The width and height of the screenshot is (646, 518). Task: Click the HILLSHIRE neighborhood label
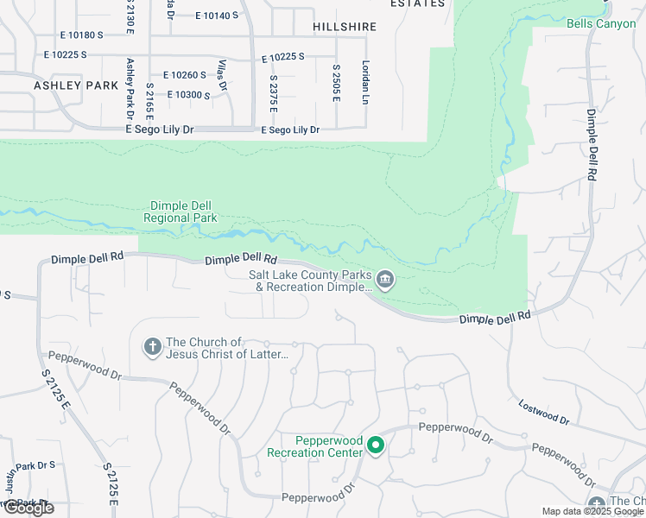point(345,27)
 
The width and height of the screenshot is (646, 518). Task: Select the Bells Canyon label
point(600,23)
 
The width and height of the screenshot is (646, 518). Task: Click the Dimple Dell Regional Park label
point(181,212)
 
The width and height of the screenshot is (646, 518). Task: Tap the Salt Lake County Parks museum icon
point(385,279)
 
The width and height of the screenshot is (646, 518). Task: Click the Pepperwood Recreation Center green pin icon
point(376,445)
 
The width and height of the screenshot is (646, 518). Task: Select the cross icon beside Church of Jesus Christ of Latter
point(152,347)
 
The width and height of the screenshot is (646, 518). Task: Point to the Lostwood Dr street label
point(544,413)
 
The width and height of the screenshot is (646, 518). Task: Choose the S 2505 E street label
point(336,82)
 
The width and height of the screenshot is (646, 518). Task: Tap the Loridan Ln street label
point(365,82)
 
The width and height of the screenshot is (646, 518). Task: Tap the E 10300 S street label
point(189,95)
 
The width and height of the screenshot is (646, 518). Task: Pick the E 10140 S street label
point(216,16)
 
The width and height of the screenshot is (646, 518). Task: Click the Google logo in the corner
point(28,508)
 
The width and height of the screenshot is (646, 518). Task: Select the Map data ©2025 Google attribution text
point(592,511)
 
